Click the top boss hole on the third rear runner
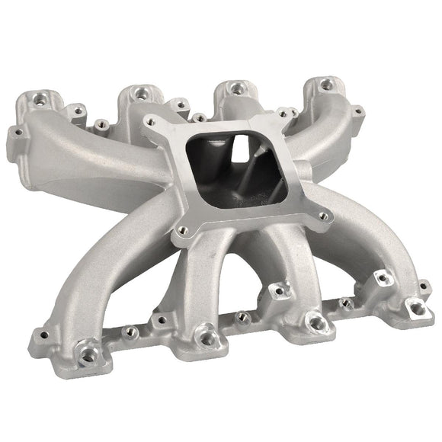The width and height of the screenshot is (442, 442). pyautogui.click(x=238, y=89)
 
